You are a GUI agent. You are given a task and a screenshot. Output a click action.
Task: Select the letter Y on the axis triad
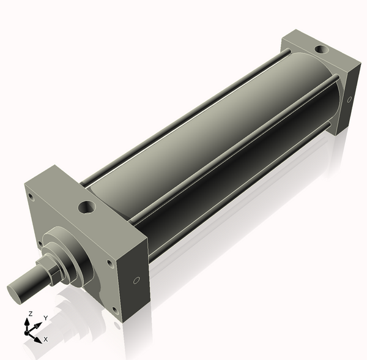click(x=46, y=318)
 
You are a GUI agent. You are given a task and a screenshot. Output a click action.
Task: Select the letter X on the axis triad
click(x=46, y=339)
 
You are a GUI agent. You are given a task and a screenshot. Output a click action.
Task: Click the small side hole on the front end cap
click(x=136, y=281)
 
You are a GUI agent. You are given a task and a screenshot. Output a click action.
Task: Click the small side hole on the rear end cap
click(x=349, y=99)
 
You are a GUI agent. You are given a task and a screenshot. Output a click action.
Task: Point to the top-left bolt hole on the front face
click(x=29, y=197)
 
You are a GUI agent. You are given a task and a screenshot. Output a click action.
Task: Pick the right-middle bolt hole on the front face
click(x=109, y=264)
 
